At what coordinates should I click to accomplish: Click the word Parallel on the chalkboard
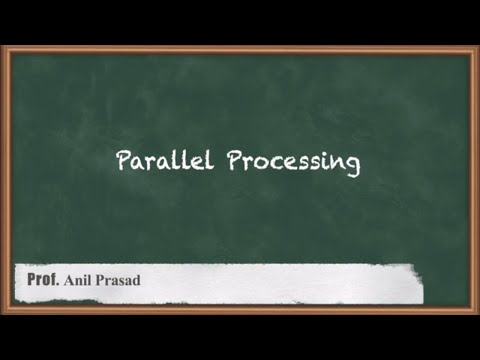coord(160,161)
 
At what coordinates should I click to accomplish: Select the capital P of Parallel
coord(124,161)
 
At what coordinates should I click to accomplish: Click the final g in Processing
coord(353,166)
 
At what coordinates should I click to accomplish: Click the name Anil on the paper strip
coord(80,280)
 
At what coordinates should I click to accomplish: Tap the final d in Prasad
coord(137,280)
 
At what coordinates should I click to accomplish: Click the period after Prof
coord(58,284)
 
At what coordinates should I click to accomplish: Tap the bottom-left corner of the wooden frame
coord(6,311)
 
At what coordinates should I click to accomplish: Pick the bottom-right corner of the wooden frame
coord(474,311)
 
